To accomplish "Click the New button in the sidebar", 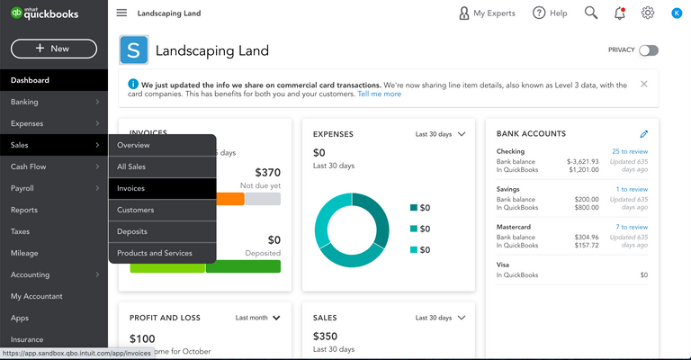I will (x=53, y=49).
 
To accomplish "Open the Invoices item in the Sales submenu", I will (x=130, y=188).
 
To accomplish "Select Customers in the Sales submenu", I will (x=135, y=210).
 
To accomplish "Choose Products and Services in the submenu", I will (x=155, y=253).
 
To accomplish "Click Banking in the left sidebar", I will (x=24, y=102).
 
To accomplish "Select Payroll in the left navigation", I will (x=22, y=188).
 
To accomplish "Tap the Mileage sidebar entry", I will (x=24, y=253).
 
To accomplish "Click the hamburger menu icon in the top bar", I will (x=121, y=13).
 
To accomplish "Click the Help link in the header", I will (x=550, y=13).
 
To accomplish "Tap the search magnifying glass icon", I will (x=591, y=13).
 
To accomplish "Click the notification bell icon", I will (x=619, y=13).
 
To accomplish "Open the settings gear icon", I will (x=648, y=13).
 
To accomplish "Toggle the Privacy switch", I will (x=648, y=50).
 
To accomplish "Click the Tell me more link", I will (x=380, y=94).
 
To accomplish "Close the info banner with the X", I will (x=644, y=84).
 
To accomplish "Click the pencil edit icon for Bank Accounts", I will (x=643, y=134).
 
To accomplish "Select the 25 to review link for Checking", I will (x=630, y=151).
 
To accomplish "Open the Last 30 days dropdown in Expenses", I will (x=441, y=134).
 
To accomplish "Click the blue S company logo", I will (x=134, y=50).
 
